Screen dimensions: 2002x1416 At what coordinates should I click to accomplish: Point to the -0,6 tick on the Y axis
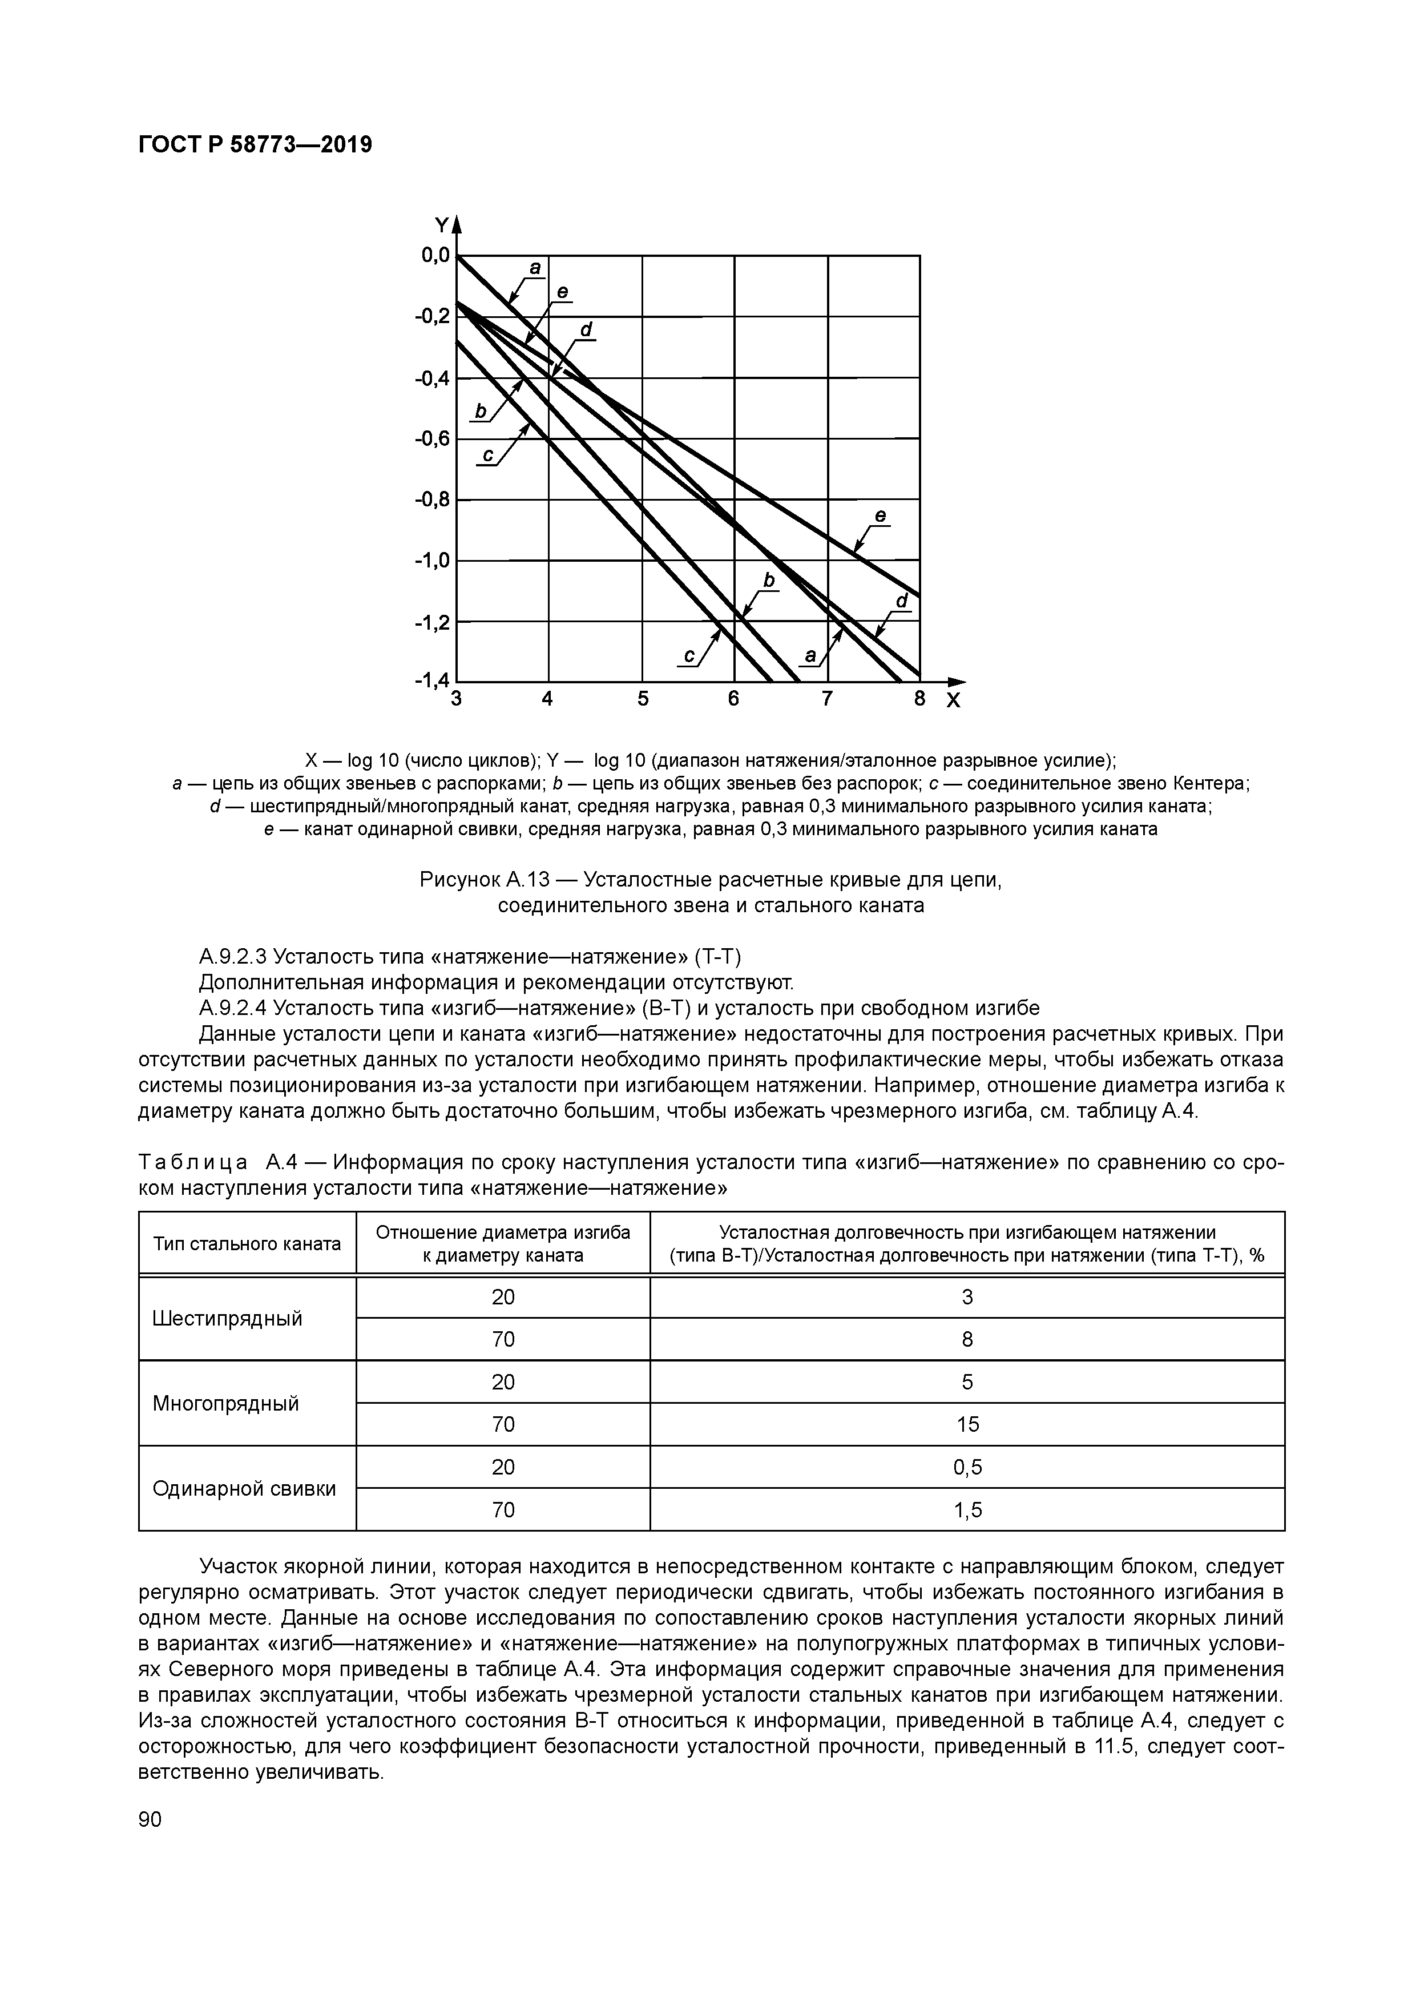433,438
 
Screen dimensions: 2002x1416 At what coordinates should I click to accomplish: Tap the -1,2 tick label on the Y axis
433,622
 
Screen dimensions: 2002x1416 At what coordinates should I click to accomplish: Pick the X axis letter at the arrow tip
953,700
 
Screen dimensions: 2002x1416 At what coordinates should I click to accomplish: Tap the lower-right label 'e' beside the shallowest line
881,516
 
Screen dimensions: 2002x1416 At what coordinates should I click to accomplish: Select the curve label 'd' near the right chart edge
902,602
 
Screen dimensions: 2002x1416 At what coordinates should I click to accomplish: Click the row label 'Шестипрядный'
227,1318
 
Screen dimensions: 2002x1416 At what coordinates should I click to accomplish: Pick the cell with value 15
967,1425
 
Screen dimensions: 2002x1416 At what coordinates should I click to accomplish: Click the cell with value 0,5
967,1468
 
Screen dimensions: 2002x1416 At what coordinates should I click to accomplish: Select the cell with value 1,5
967,1510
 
